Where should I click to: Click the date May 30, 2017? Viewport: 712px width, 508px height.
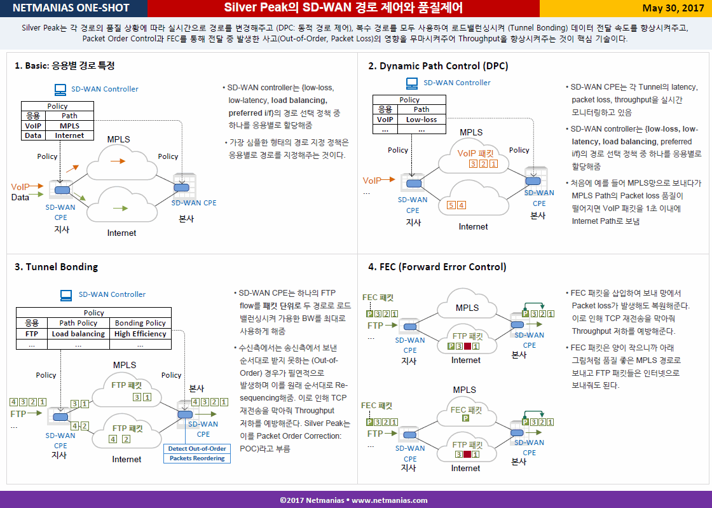pos(673,9)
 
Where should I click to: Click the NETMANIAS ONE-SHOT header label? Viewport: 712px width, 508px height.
pos(71,8)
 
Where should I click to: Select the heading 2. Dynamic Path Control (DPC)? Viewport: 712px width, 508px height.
pos(438,66)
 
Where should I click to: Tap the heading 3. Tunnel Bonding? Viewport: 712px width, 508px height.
pos(57,267)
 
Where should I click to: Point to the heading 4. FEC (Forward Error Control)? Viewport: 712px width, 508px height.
pos(437,267)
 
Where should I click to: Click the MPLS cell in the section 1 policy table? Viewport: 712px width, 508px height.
pos(69,126)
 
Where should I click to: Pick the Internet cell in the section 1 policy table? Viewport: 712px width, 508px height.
pos(69,135)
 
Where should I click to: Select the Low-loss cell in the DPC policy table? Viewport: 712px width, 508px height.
pos(421,120)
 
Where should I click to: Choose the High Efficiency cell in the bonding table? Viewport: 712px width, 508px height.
pos(140,334)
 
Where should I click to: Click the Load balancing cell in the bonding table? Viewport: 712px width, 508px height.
pos(78,334)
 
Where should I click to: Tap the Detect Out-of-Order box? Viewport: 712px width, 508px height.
pos(197,448)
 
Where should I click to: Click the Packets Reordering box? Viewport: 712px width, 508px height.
pos(197,458)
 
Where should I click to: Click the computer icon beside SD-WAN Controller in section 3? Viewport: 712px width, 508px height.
pos(66,295)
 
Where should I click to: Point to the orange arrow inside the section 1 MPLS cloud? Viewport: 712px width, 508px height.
pos(118,161)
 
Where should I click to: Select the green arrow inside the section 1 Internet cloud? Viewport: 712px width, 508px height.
pos(120,209)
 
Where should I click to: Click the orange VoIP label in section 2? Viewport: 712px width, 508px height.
pos(372,181)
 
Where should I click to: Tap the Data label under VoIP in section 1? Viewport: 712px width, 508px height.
pos(20,198)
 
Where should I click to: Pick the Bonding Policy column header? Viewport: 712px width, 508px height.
pos(140,323)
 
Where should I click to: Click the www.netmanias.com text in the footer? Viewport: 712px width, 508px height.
pos(390,500)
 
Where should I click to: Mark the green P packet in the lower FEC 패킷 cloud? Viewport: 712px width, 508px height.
pos(465,418)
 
